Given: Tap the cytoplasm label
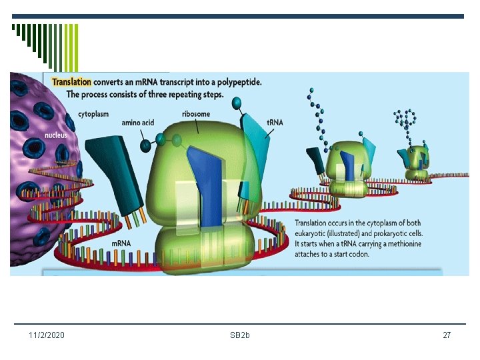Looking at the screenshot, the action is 94,114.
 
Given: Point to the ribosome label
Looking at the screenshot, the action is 196,114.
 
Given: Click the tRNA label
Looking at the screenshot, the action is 275,123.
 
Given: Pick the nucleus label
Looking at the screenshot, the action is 39,136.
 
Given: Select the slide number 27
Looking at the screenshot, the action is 447,335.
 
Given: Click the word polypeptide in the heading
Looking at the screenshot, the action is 237,83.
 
